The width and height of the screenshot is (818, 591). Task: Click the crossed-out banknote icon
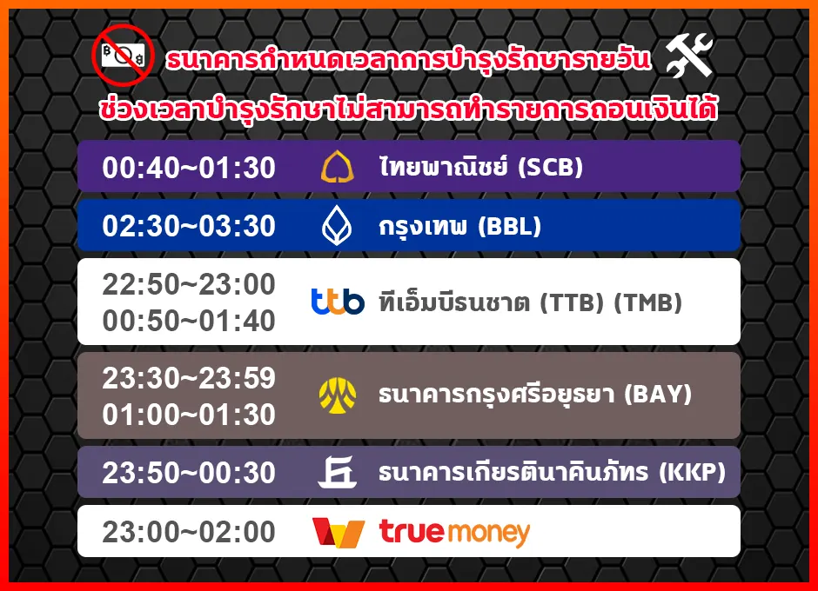pyautogui.click(x=123, y=55)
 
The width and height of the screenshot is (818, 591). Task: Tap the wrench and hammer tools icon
pyautogui.click(x=688, y=55)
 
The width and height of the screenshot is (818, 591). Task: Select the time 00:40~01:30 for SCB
pyautogui.click(x=189, y=168)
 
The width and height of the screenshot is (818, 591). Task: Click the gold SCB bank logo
pyautogui.click(x=337, y=167)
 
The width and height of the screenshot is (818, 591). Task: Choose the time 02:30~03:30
pyautogui.click(x=189, y=226)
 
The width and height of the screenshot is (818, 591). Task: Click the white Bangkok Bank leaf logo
pyautogui.click(x=337, y=225)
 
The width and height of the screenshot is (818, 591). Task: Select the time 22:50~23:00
pyautogui.click(x=189, y=284)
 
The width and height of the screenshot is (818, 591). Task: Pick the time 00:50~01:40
pyautogui.click(x=189, y=321)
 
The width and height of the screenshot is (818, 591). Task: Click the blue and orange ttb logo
pyautogui.click(x=338, y=302)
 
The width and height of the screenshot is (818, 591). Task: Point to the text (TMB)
pyautogui.click(x=648, y=302)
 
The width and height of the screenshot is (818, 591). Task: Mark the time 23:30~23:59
pyautogui.click(x=189, y=378)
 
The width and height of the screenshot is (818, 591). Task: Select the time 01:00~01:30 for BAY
pyautogui.click(x=189, y=415)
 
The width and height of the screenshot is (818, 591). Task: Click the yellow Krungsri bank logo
pyautogui.click(x=338, y=395)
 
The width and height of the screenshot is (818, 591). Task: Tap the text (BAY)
pyautogui.click(x=658, y=395)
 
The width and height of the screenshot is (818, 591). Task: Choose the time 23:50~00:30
pyautogui.click(x=189, y=473)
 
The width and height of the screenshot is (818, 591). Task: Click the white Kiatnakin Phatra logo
pyautogui.click(x=338, y=472)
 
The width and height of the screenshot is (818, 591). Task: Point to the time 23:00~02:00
pyautogui.click(x=189, y=532)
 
